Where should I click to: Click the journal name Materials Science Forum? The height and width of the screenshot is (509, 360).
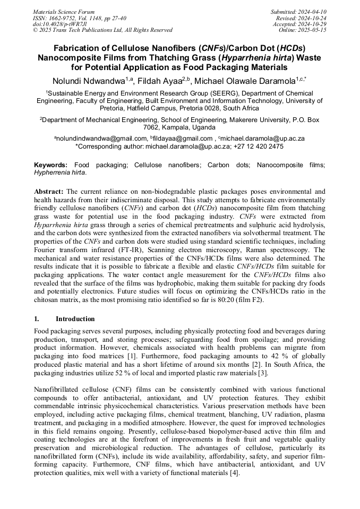[64, 12]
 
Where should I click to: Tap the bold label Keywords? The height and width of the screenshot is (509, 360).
[51, 165]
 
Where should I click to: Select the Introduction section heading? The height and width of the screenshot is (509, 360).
[75, 319]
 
